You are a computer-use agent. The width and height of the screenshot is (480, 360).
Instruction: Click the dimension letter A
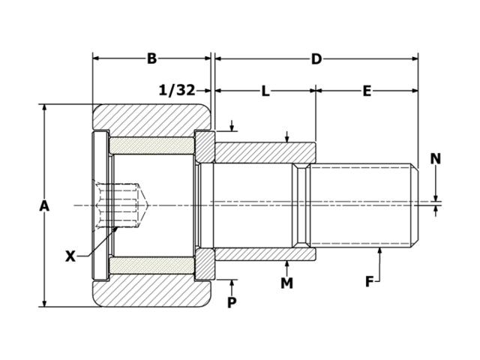[x=45, y=205]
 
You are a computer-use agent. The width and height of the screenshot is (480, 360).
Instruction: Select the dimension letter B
[x=151, y=58]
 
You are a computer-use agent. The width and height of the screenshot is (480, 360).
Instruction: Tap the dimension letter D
[x=316, y=58]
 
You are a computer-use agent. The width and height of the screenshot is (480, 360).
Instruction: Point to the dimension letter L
[x=265, y=91]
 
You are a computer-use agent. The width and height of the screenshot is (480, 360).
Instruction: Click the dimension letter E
[x=367, y=91]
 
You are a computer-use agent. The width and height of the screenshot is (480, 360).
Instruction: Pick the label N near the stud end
[x=436, y=158]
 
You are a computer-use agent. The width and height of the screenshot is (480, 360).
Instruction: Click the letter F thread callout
[x=370, y=282]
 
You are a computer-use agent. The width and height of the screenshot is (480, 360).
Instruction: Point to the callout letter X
[x=70, y=256]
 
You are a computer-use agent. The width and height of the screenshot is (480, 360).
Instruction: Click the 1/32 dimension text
[x=177, y=90]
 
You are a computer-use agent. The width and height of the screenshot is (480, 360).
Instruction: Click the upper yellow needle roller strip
[x=152, y=144]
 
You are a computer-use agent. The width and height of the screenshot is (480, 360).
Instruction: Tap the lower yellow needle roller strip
[x=152, y=266]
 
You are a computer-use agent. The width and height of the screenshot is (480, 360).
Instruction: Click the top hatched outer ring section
[x=151, y=117]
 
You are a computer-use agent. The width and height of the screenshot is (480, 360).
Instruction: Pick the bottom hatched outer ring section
[x=151, y=293]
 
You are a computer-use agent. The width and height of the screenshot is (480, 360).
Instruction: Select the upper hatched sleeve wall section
[x=262, y=152]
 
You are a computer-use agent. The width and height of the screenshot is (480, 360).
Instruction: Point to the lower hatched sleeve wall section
[x=262, y=254]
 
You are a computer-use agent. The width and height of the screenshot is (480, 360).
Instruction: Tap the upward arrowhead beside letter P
[x=232, y=282]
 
